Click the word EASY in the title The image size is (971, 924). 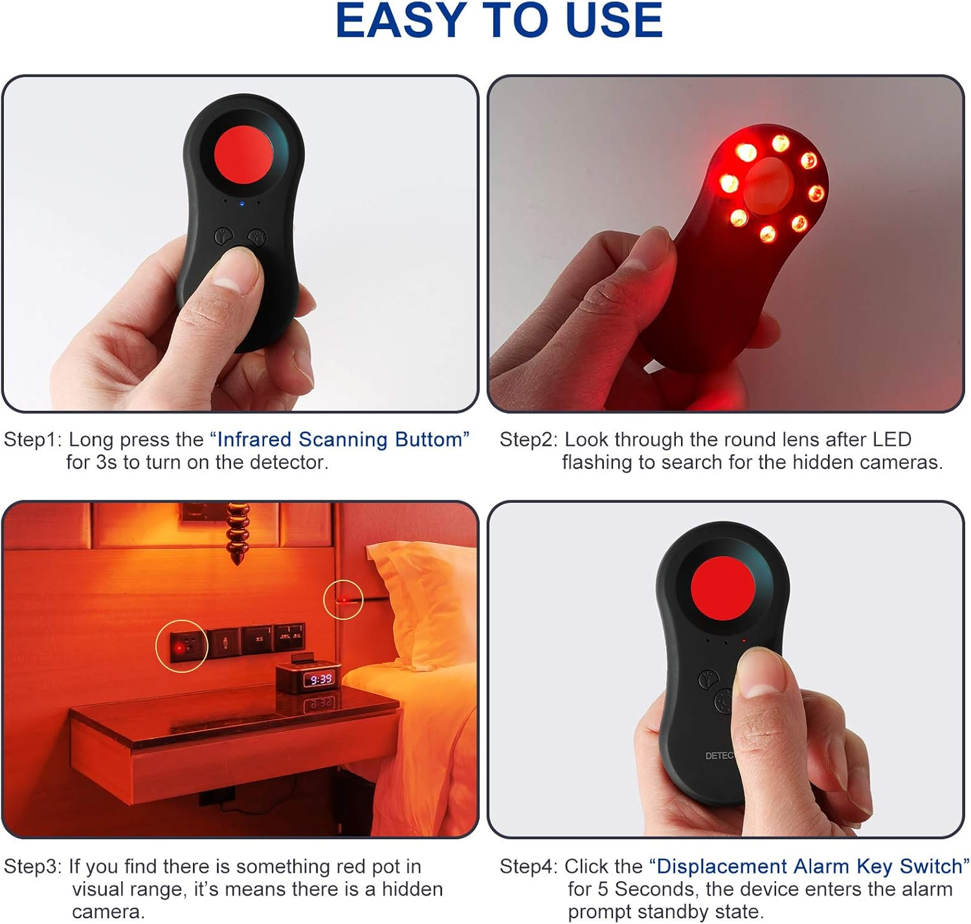[x=401, y=21]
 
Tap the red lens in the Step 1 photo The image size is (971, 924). [x=243, y=153]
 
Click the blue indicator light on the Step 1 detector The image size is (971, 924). [x=242, y=203]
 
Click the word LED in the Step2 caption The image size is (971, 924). [x=892, y=439]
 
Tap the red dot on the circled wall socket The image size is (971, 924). [x=179, y=646]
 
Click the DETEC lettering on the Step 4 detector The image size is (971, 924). [x=719, y=756]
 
